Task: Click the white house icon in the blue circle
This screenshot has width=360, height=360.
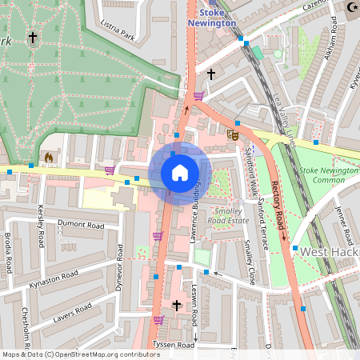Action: tap(180, 172)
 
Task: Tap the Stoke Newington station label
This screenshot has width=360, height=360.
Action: tap(212, 18)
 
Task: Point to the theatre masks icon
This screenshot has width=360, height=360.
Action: tap(234, 135)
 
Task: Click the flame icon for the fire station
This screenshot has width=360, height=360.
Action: tap(49, 158)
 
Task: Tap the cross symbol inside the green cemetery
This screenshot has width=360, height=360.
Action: tap(33, 38)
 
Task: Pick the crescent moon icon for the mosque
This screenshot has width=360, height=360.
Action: tap(353, 7)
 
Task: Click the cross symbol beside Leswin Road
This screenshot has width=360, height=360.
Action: tap(178, 306)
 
